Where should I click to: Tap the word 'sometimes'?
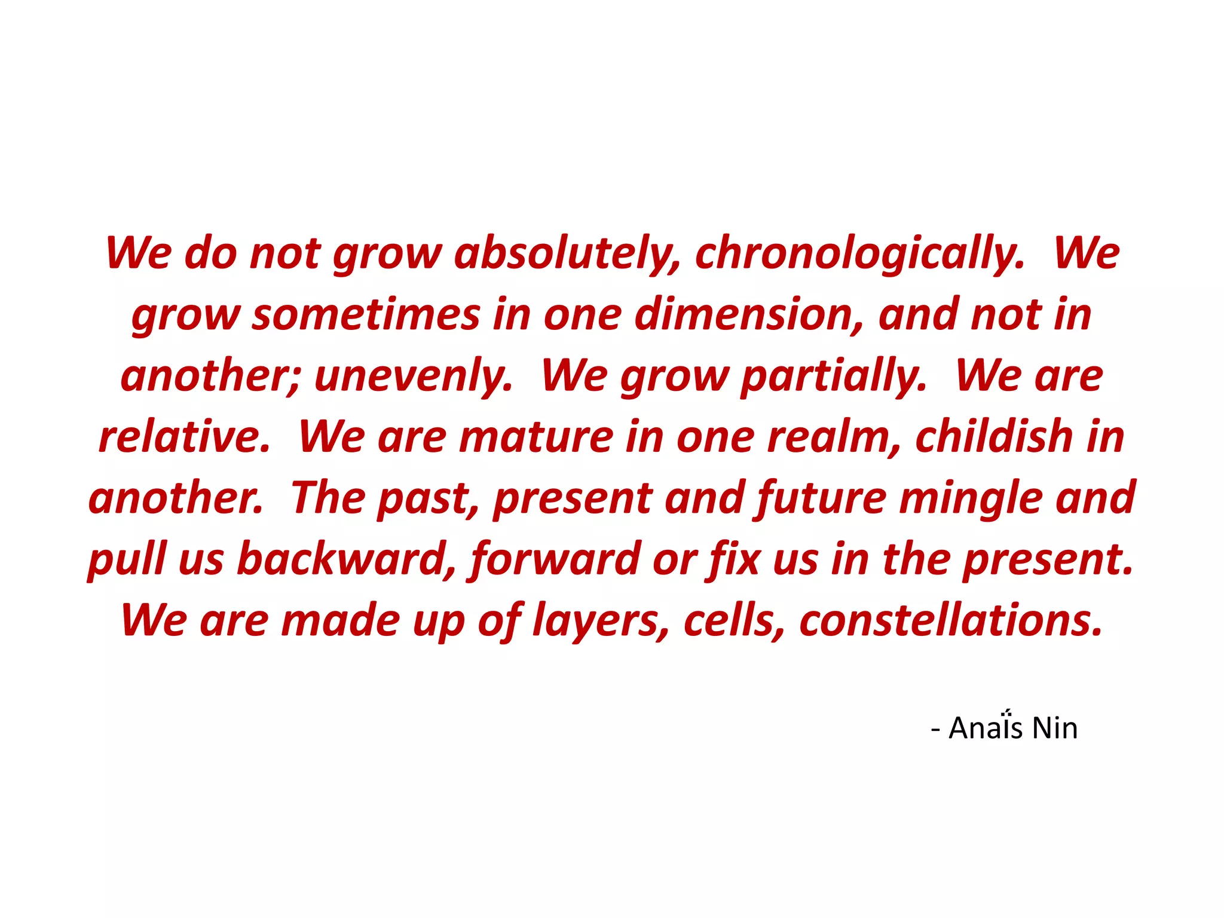click(366, 315)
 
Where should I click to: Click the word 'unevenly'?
click(413, 377)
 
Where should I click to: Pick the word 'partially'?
click(833, 377)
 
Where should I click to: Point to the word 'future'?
click(821, 498)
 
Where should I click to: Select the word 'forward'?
click(556, 560)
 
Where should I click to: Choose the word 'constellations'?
click(950, 621)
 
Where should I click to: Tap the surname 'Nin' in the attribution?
click(1055, 728)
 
